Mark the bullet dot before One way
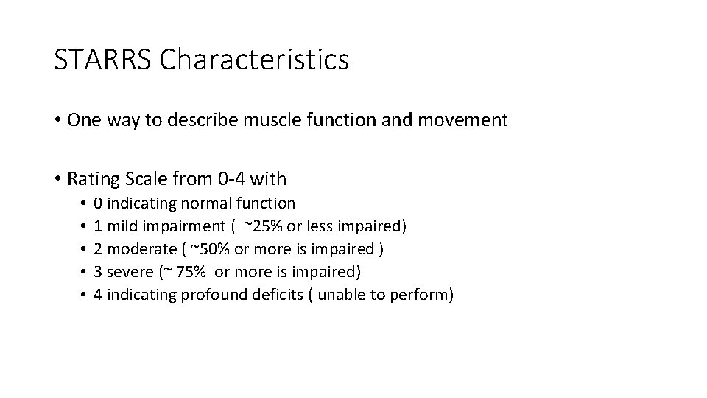57,120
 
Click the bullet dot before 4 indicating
84,295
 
